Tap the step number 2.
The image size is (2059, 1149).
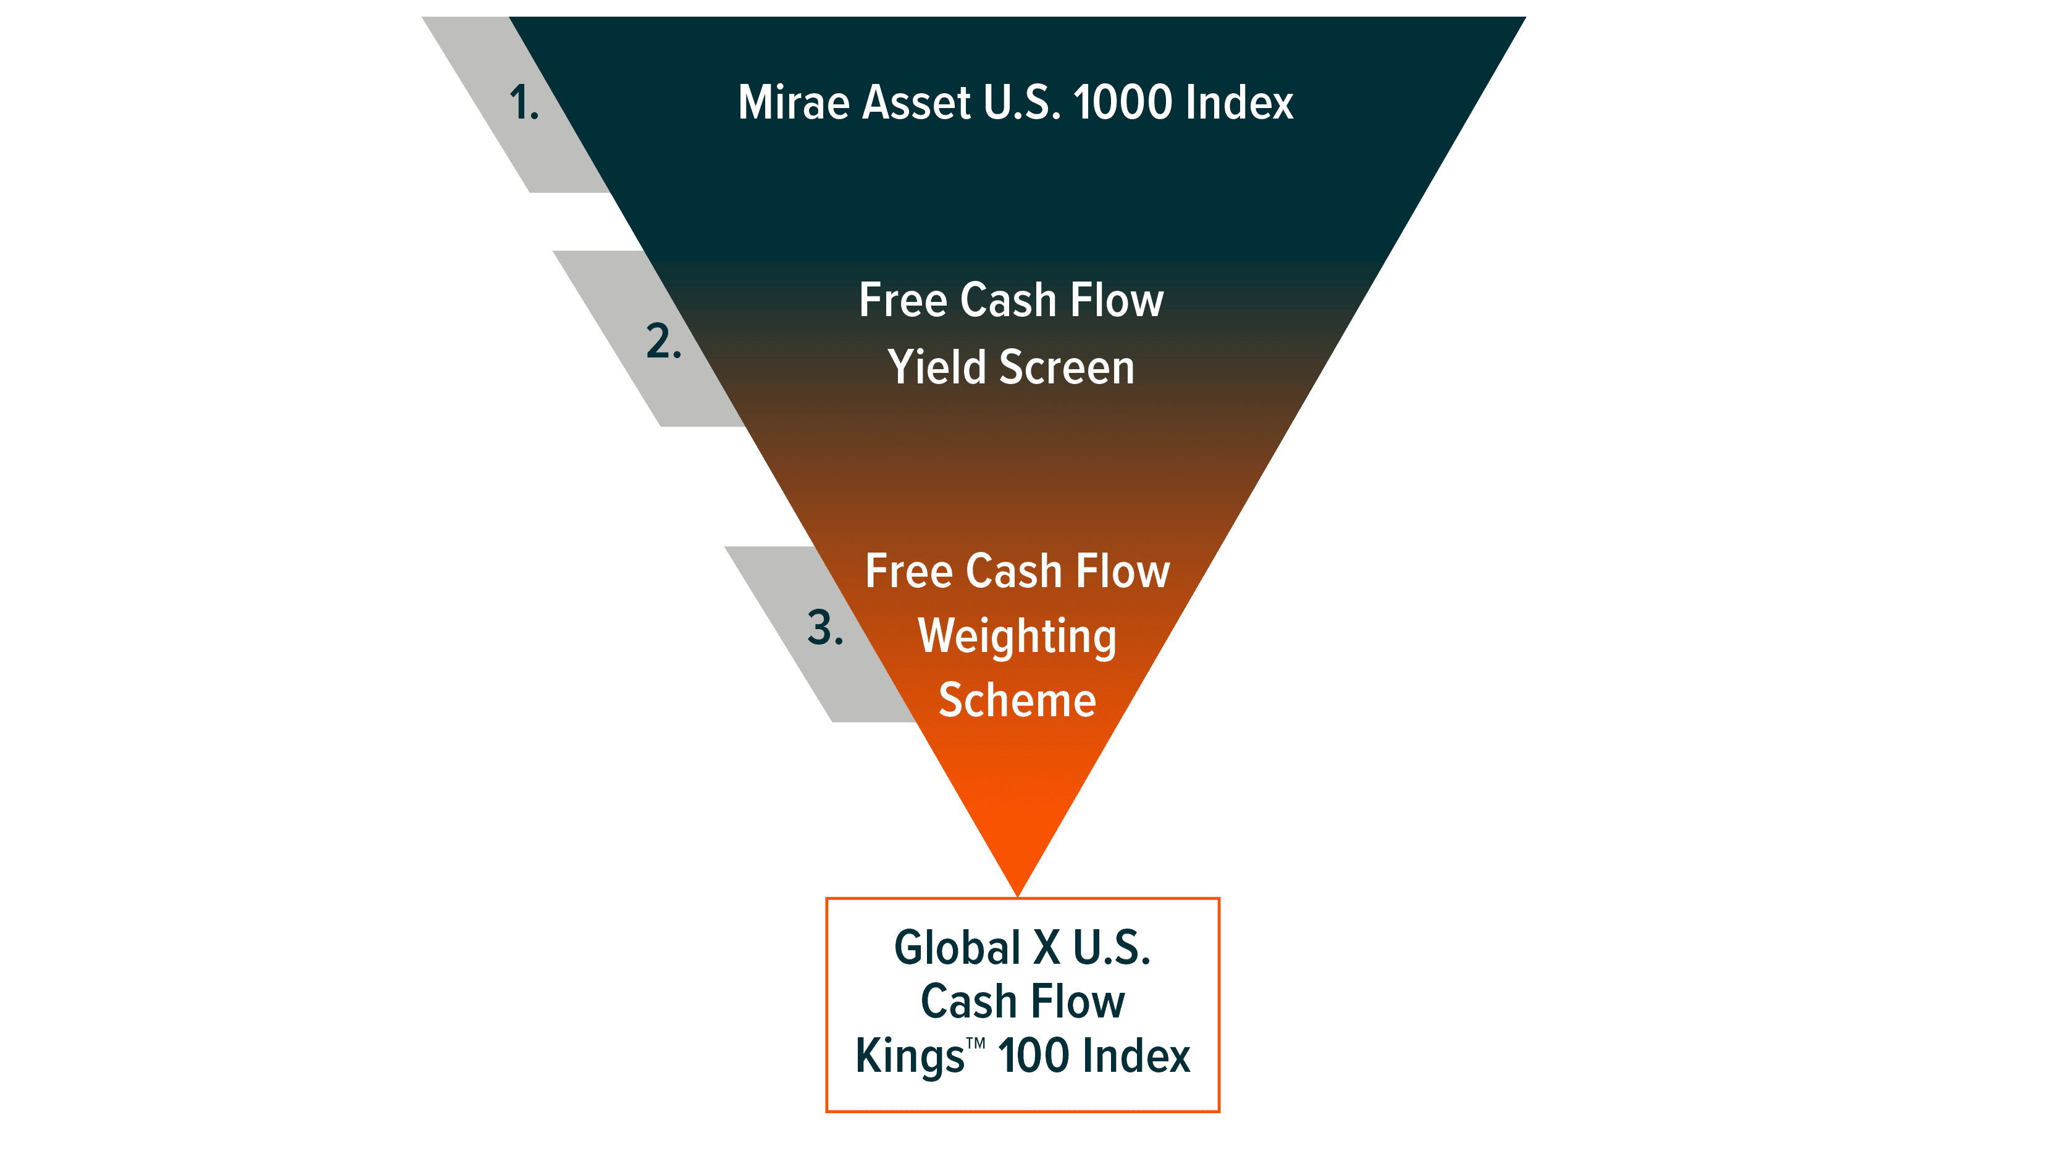[x=663, y=342]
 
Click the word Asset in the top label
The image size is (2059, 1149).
[x=917, y=103]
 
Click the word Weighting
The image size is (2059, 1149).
[x=1017, y=638]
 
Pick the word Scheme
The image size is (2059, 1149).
[x=1017, y=701]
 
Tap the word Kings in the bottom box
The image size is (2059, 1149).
[x=910, y=1058]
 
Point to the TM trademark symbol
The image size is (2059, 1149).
[x=975, y=1043]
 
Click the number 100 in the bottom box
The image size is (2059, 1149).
[x=1033, y=1056]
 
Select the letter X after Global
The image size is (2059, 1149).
[x=1046, y=948]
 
